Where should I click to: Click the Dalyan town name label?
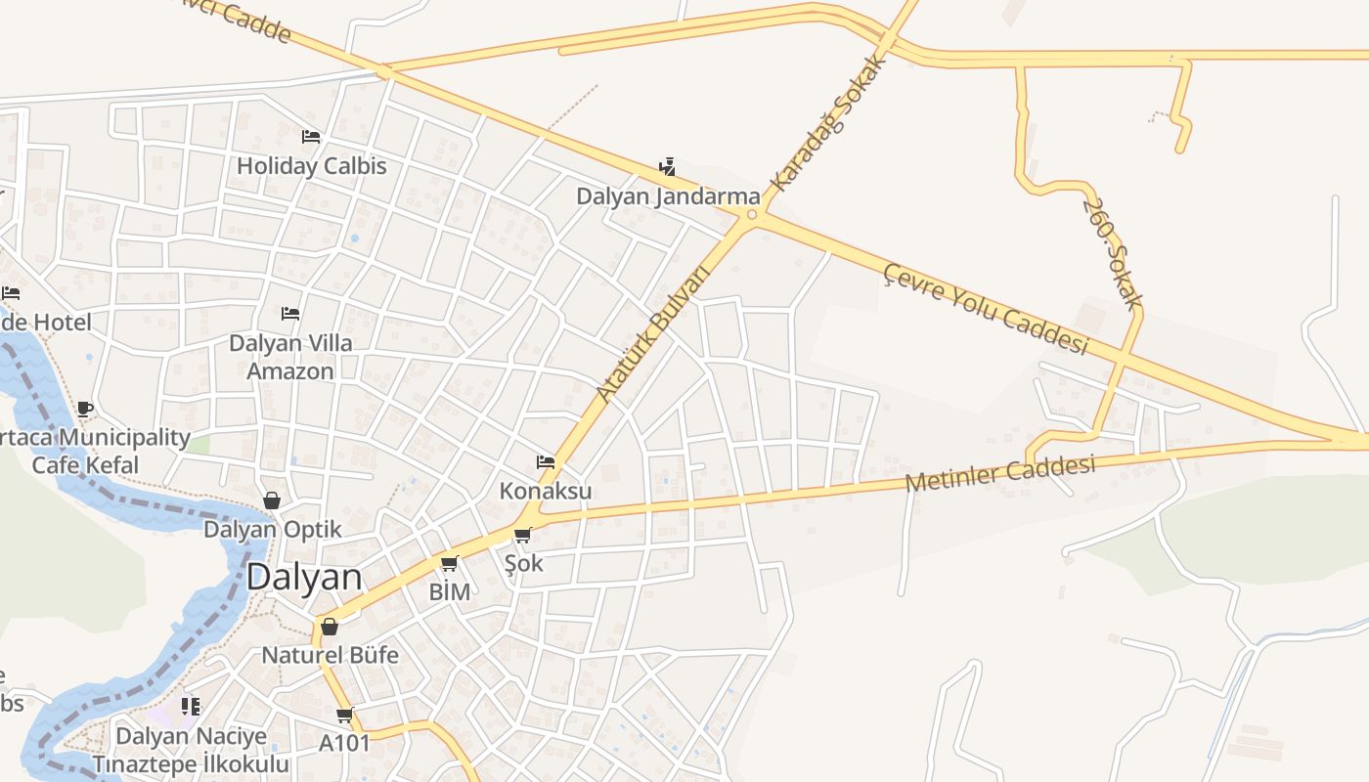(x=304, y=577)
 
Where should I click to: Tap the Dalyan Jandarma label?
(x=668, y=195)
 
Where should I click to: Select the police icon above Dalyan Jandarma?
(x=668, y=167)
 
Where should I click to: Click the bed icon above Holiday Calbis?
(x=311, y=137)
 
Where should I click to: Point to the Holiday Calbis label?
(x=312, y=165)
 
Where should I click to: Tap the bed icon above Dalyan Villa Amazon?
(x=290, y=314)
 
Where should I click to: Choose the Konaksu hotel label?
(x=546, y=490)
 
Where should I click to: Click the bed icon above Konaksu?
(x=546, y=462)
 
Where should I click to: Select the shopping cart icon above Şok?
(x=523, y=536)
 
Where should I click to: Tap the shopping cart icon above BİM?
(x=450, y=563)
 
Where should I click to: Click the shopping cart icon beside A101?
(x=344, y=716)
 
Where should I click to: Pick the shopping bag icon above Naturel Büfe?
(x=330, y=627)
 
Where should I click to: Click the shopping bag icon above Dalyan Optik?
(x=272, y=500)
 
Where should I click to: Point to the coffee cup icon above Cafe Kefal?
(x=85, y=409)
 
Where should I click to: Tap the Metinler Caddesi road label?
(x=999, y=474)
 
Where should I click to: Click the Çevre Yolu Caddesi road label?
(x=986, y=308)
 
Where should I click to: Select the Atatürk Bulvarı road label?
(x=652, y=332)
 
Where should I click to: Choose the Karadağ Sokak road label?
(x=829, y=122)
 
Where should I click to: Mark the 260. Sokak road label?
(x=1113, y=252)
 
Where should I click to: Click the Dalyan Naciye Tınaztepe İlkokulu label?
(x=191, y=749)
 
